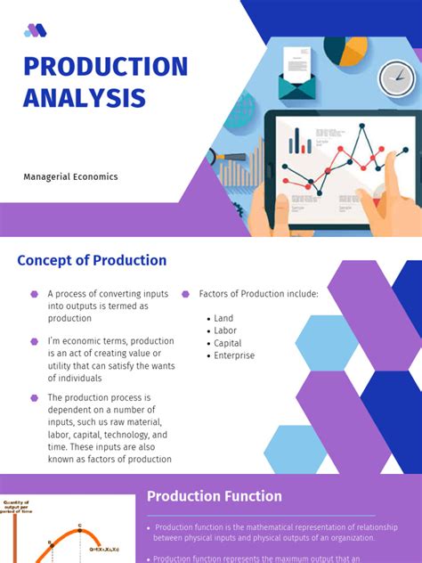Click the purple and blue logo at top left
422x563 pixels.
(36, 30)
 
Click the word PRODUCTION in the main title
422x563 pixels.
(105, 67)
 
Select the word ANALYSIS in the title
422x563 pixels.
(84, 98)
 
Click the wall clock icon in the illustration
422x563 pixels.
(396, 78)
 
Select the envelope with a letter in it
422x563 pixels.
(297, 75)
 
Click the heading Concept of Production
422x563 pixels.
(92, 261)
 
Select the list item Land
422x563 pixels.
(223, 318)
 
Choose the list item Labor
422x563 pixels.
(225, 330)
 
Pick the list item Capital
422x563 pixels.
(227, 343)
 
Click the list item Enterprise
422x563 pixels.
(234, 355)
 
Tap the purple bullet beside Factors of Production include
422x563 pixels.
(185, 294)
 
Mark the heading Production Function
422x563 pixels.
(214, 496)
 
